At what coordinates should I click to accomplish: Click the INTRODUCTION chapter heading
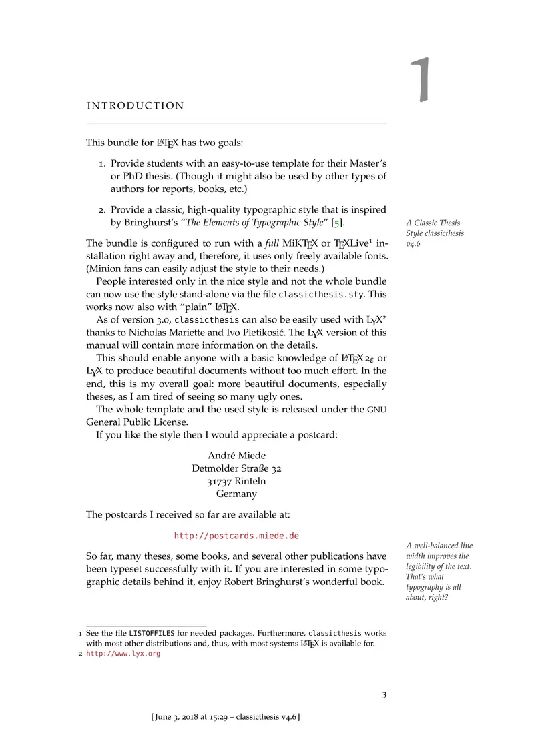[136, 105]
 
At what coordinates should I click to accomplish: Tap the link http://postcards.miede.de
[236, 536]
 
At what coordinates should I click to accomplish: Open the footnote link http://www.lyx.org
[123, 654]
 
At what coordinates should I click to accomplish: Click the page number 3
[384, 696]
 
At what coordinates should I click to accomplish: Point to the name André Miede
[236, 456]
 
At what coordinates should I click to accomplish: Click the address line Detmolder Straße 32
[236, 469]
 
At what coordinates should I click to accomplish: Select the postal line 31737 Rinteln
[236, 482]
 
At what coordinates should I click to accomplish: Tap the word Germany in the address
[236, 494]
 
